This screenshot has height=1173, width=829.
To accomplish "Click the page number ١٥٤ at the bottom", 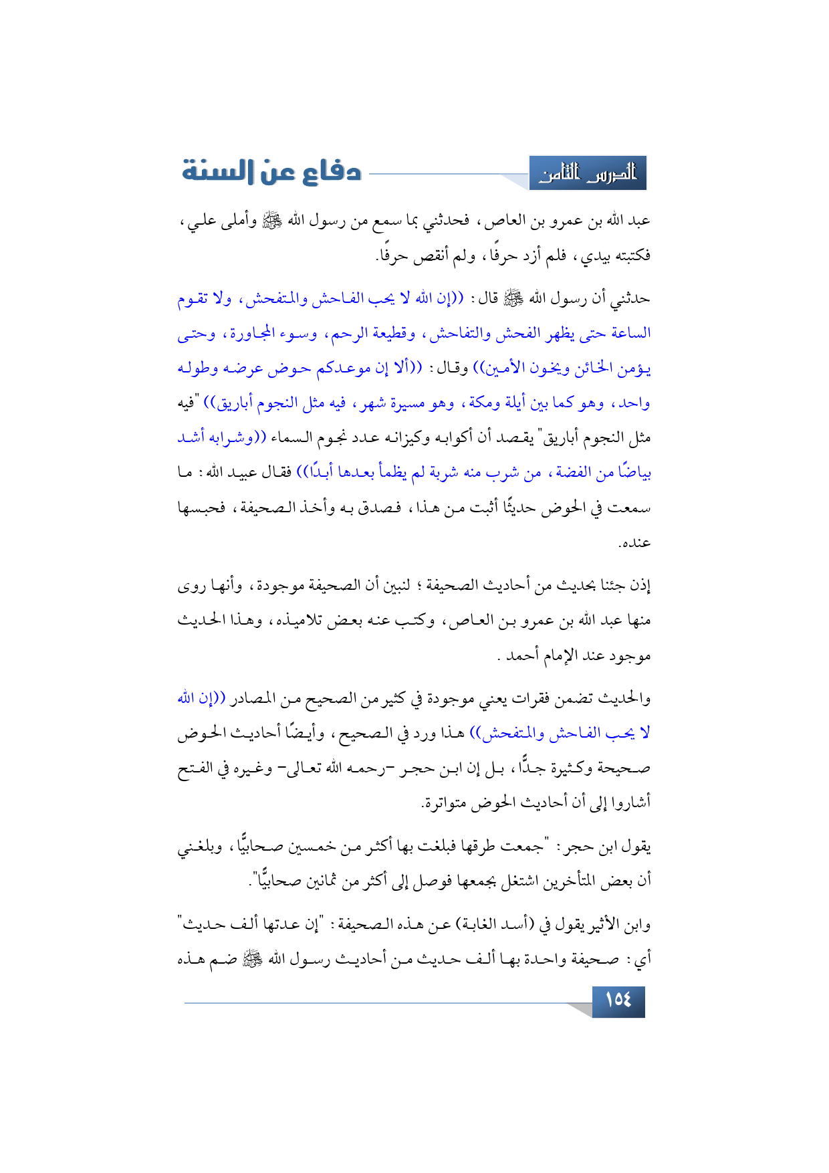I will coord(618,1000).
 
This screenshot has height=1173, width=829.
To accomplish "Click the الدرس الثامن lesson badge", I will coord(588,174).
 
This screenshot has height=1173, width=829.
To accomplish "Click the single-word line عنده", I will coord(634,543).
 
